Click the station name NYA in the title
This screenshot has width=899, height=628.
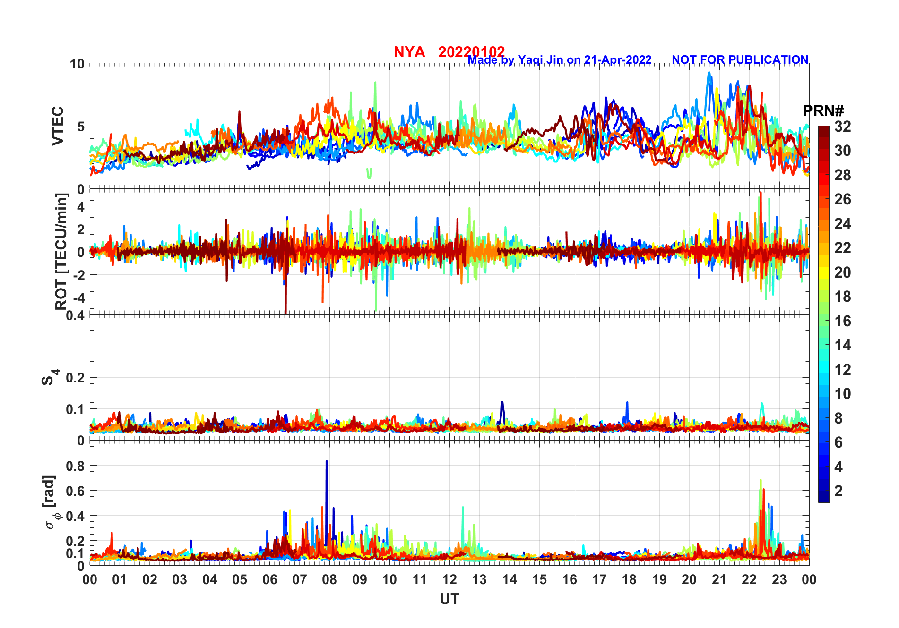tap(409, 52)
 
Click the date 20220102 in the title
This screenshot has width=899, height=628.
tap(471, 51)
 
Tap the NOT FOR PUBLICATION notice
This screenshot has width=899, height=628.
tap(740, 60)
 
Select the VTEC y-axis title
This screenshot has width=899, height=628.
tap(57, 126)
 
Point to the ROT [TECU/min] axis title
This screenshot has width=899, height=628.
tap(61, 251)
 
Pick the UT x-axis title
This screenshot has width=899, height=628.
tap(449, 599)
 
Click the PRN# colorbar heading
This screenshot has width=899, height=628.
tap(823, 111)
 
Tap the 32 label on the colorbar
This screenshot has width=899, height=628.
tap(842, 127)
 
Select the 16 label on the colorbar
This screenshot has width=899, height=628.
tap(842, 321)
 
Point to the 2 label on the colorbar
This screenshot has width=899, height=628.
tap(838, 491)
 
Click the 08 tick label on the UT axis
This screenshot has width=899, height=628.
tap(329, 579)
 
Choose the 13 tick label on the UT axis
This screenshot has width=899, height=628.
tap(479, 579)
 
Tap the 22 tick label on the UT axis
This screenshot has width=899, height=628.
tap(749, 579)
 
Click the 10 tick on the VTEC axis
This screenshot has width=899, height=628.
tap(77, 64)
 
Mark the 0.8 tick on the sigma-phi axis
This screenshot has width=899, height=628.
tap(75, 466)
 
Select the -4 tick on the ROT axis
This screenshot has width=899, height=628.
tap(79, 297)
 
